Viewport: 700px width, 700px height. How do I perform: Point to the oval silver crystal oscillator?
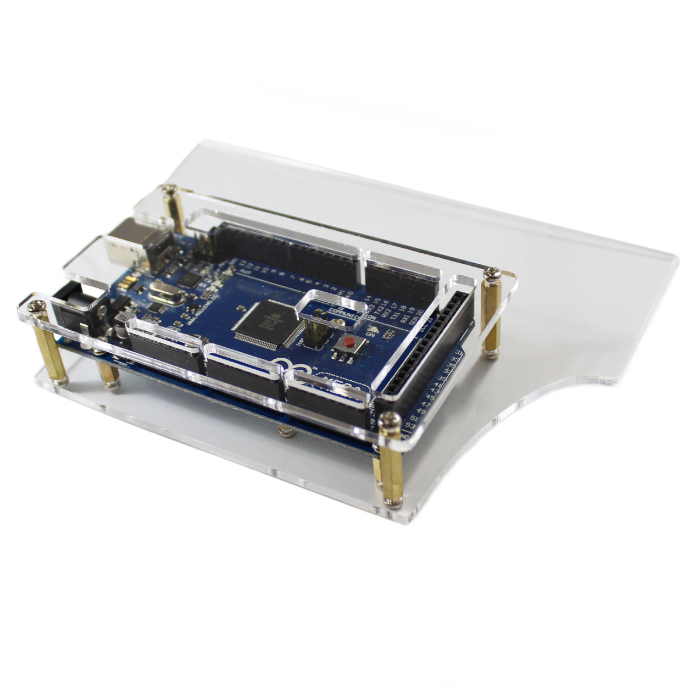pos(164,298)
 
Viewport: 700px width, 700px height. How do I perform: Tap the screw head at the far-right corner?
pos(491,271)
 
